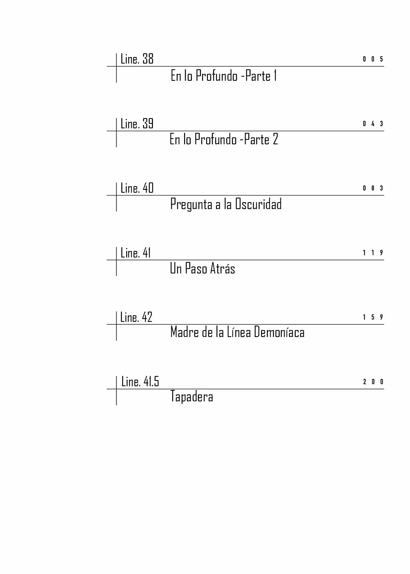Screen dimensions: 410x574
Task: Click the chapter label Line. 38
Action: [x=137, y=59]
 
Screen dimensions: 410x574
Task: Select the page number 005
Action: [x=373, y=59]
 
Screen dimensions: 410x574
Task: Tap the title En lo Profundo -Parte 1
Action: [x=224, y=75]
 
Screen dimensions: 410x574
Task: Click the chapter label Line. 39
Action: [x=137, y=123]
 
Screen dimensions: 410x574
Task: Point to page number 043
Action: [x=373, y=124]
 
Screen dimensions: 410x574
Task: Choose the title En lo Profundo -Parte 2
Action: [x=224, y=139]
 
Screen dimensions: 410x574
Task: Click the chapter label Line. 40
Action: [x=137, y=188]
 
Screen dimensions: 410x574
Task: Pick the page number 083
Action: [x=373, y=188]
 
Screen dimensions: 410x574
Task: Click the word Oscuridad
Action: [x=258, y=204]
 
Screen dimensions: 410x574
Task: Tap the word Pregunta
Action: [x=191, y=205]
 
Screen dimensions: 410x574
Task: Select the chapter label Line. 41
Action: [x=135, y=253]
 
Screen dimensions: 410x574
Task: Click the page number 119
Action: [x=373, y=253]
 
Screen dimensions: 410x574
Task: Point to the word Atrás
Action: [x=222, y=268]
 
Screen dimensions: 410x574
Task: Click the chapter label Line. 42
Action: [x=136, y=317]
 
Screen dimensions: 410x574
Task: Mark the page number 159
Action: [x=373, y=317]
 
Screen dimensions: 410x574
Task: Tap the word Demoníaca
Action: [x=279, y=332]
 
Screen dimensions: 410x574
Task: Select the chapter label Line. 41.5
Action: [x=140, y=382]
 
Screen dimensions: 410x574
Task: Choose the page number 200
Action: [x=373, y=382]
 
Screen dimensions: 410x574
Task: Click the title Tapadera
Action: [x=192, y=397]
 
